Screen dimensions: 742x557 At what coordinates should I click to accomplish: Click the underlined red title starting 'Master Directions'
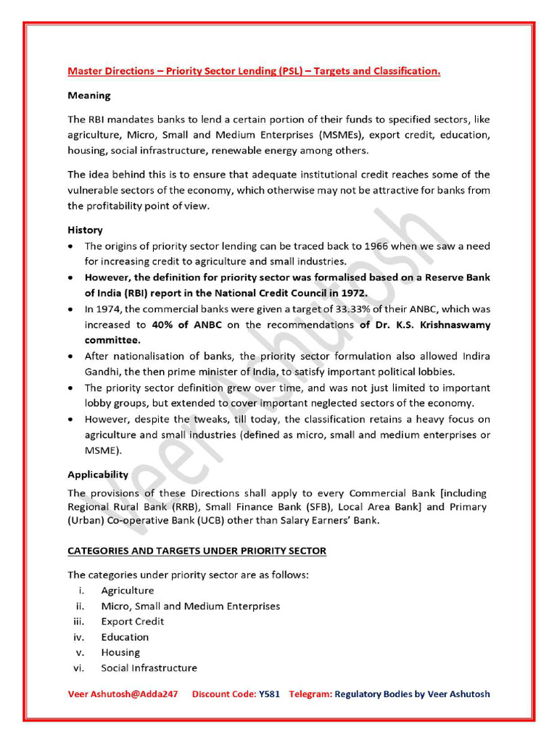254,72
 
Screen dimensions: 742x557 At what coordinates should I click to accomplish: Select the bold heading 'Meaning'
89,95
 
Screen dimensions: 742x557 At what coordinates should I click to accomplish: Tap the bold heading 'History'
85,230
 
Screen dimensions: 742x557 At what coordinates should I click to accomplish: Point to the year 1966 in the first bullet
397,246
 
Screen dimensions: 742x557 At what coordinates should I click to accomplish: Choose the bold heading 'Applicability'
98,475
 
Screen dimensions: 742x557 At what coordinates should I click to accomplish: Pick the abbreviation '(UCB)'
186,521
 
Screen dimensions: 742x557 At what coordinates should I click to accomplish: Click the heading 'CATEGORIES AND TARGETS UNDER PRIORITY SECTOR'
197,551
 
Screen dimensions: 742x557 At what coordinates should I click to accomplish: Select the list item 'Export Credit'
133,621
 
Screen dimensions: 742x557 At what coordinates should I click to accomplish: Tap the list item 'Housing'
120,652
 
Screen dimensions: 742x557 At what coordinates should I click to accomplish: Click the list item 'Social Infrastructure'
149,667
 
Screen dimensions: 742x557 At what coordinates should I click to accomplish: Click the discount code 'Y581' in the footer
269,693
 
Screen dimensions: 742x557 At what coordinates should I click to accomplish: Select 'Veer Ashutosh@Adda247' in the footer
123,693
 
